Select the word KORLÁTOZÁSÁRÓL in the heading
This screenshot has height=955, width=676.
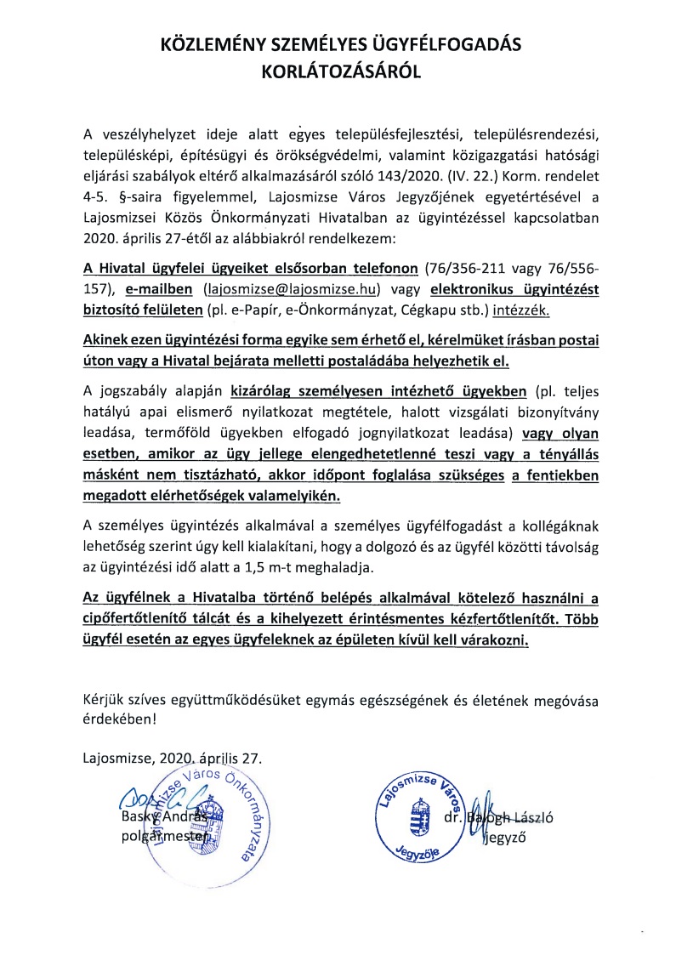click(338, 74)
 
